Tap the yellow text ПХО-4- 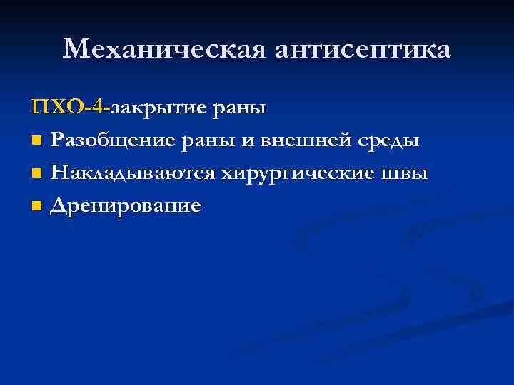pyautogui.click(x=71, y=108)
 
